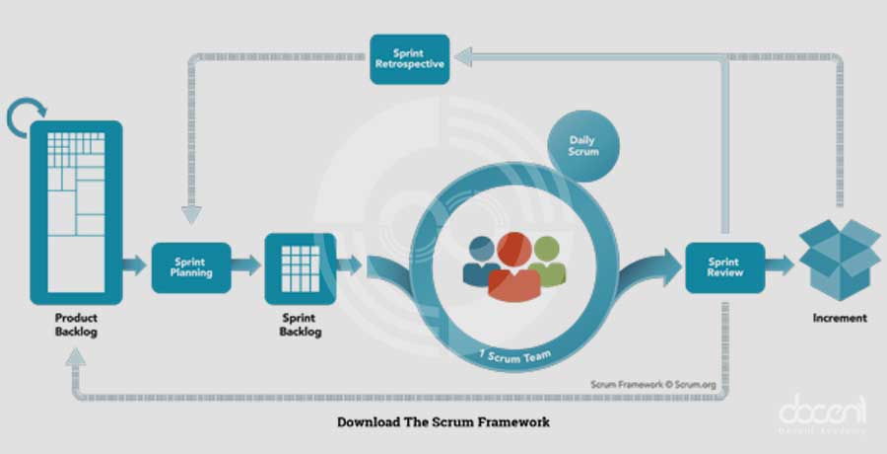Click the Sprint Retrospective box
pos(411,59)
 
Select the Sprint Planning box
pos(191,267)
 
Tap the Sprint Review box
pos(725,266)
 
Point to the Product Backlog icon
pos(76,211)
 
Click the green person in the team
pos(547,261)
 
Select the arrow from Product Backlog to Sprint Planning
pos(135,265)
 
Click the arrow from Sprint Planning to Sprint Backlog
pos(248,265)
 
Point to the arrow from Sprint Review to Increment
pos(781,265)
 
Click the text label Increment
pos(839,318)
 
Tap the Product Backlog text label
pos(76,327)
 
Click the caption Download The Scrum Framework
pos(443,421)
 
